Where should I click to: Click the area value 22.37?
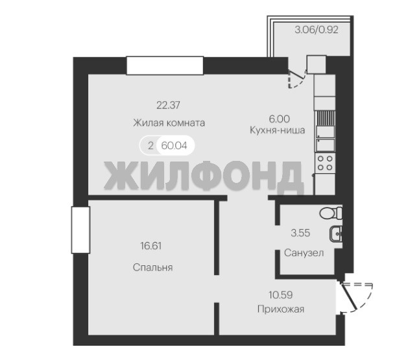point(169,105)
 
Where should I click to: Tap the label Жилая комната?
point(169,123)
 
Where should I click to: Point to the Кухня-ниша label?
point(278,130)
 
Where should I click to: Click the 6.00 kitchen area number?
point(279,119)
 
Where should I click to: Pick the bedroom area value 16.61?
point(151,246)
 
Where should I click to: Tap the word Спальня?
point(152,268)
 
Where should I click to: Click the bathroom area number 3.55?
point(300,233)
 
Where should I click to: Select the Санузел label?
point(304,253)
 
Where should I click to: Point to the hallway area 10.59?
point(280,295)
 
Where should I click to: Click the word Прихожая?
point(281,309)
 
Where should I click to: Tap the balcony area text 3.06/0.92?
point(317,30)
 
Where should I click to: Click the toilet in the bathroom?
point(331,213)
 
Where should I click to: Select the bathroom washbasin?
point(336,234)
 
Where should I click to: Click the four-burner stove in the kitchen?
point(325,163)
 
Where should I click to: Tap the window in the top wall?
point(165,66)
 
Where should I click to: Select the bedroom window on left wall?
point(80,230)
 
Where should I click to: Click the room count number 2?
point(150,146)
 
